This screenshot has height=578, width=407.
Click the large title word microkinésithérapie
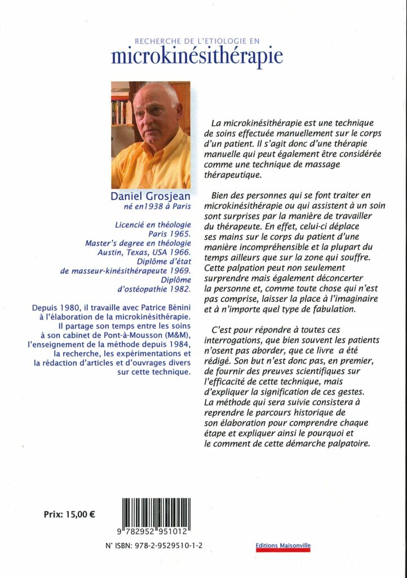pyautogui.click(x=197, y=56)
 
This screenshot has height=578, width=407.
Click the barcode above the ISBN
pyautogui.click(x=154, y=516)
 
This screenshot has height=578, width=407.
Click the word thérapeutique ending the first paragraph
pyautogui.click(x=233, y=175)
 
